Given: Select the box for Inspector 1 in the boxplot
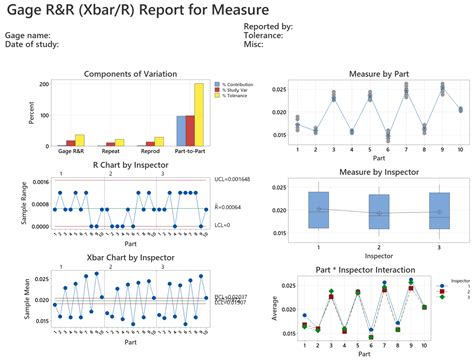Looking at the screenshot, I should [319, 210].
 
